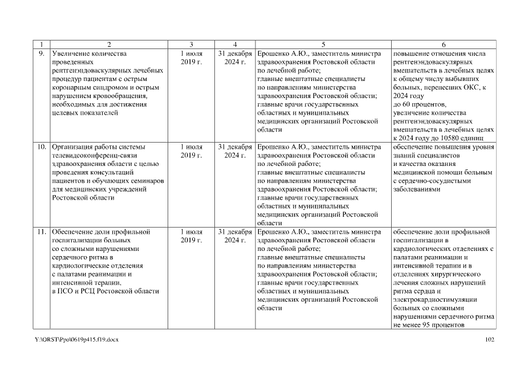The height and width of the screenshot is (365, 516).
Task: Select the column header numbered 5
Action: (323, 45)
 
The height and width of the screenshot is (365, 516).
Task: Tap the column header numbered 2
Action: (108, 45)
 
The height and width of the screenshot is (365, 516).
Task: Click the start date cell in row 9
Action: (192, 58)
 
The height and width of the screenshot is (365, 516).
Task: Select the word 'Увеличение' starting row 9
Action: (72, 54)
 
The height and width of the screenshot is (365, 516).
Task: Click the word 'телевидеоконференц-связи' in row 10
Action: (95, 155)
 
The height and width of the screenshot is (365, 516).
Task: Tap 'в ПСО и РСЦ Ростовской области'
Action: (105, 291)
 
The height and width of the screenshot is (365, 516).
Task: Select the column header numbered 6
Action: (444, 45)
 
